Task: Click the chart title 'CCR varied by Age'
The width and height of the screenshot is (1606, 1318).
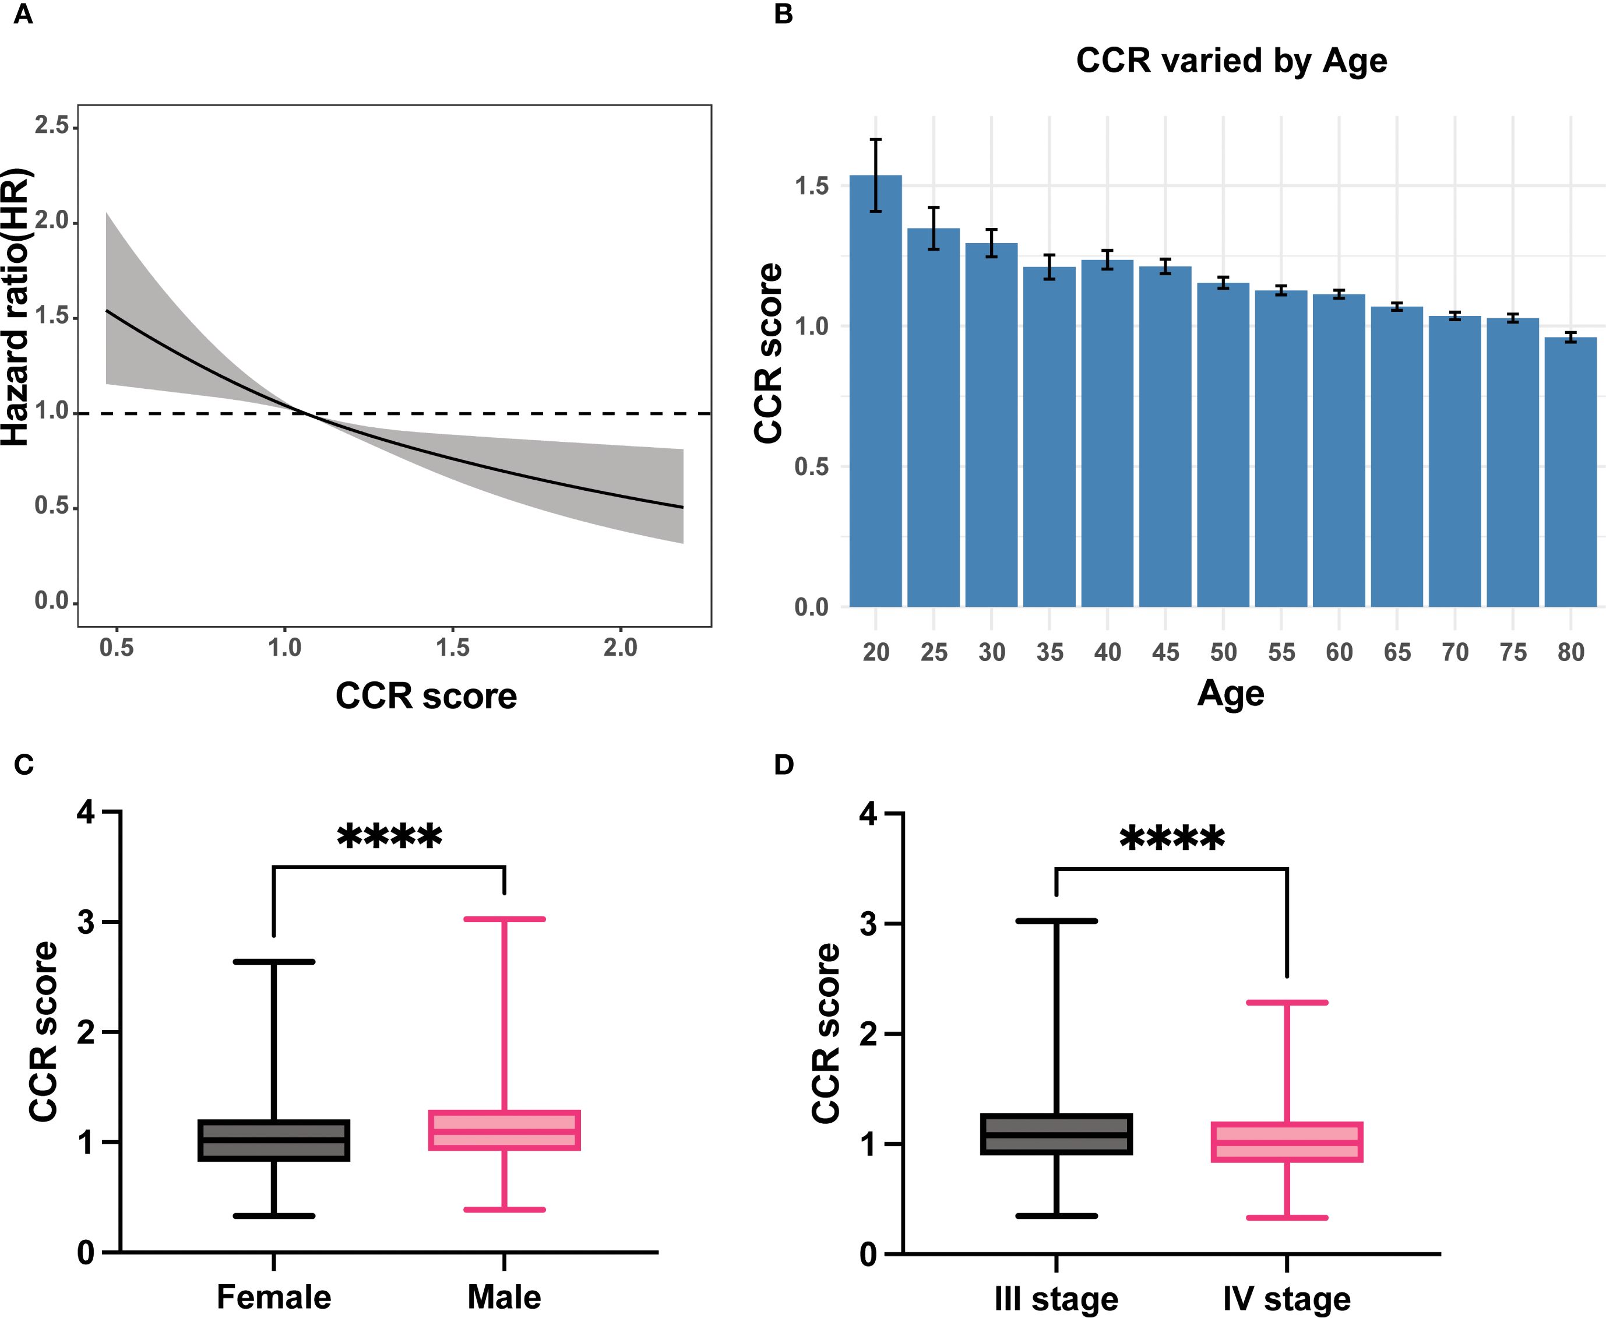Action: [1231, 61]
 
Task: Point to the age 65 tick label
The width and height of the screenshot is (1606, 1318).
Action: [1397, 652]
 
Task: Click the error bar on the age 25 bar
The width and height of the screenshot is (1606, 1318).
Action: [934, 228]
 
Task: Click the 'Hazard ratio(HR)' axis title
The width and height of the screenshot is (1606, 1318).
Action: [17, 307]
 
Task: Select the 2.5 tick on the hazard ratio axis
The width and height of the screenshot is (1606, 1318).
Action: [52, 125]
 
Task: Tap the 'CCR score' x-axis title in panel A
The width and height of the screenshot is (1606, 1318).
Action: [426, 696]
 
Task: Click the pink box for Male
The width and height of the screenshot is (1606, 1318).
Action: [504, 1130]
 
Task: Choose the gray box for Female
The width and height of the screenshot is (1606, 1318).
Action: [273, 1140]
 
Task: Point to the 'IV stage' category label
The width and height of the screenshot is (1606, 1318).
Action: [1287, 1299]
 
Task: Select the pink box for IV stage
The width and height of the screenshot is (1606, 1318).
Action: [1287, 1142]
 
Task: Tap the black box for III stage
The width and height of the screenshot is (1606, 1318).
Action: [1056, 1134]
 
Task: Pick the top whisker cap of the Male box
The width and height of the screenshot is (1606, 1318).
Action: [504, 919]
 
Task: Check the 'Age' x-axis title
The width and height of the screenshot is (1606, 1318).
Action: [1230, 693]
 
